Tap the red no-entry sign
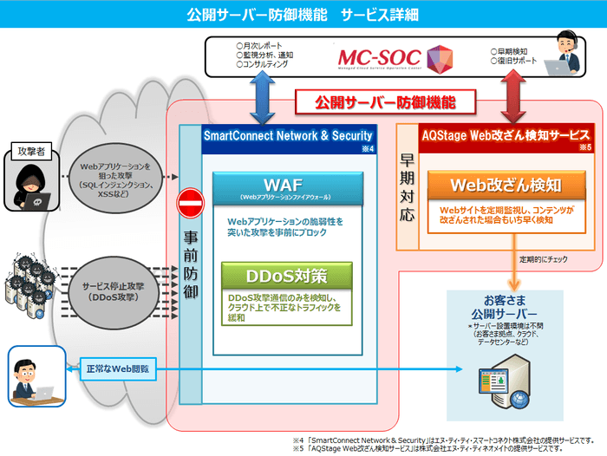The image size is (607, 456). [189, 205]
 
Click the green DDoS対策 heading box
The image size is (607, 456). [286, 277]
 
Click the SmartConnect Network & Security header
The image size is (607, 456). [288, 136]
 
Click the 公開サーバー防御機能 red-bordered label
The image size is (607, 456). [385, 102]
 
